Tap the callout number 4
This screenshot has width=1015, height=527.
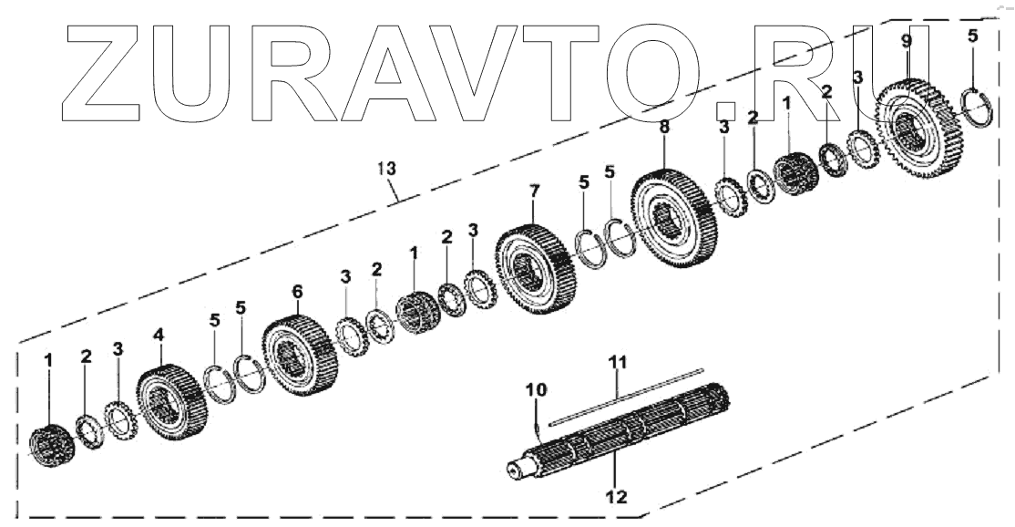click(x=159, y=336)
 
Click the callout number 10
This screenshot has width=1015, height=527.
click(x=536, y=390)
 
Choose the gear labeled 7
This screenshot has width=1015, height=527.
click(x=536, y=274)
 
